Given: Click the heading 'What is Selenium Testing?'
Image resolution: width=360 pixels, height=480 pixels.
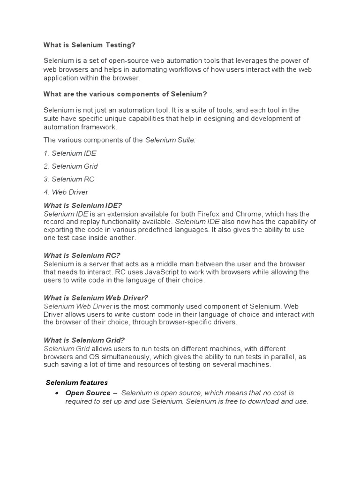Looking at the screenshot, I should point(89,45).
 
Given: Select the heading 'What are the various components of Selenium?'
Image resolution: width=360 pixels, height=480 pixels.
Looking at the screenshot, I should point(125,94).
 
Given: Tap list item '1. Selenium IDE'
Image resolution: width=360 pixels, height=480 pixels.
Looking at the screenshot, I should point(70,153).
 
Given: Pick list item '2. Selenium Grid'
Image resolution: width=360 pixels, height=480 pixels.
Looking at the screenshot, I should point(70,166).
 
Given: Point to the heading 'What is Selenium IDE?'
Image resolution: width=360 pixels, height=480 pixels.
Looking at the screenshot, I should point(82,205).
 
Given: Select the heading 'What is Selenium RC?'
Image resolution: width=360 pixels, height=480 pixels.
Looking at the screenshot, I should point(82,255).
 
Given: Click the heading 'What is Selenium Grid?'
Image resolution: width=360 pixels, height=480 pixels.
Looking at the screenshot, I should point(84,340).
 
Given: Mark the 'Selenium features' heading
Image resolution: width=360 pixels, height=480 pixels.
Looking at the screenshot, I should point(77,382).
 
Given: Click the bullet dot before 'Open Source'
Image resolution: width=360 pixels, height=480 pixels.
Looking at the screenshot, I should point(56,393).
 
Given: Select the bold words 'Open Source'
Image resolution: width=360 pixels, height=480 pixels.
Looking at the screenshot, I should point(88,393).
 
